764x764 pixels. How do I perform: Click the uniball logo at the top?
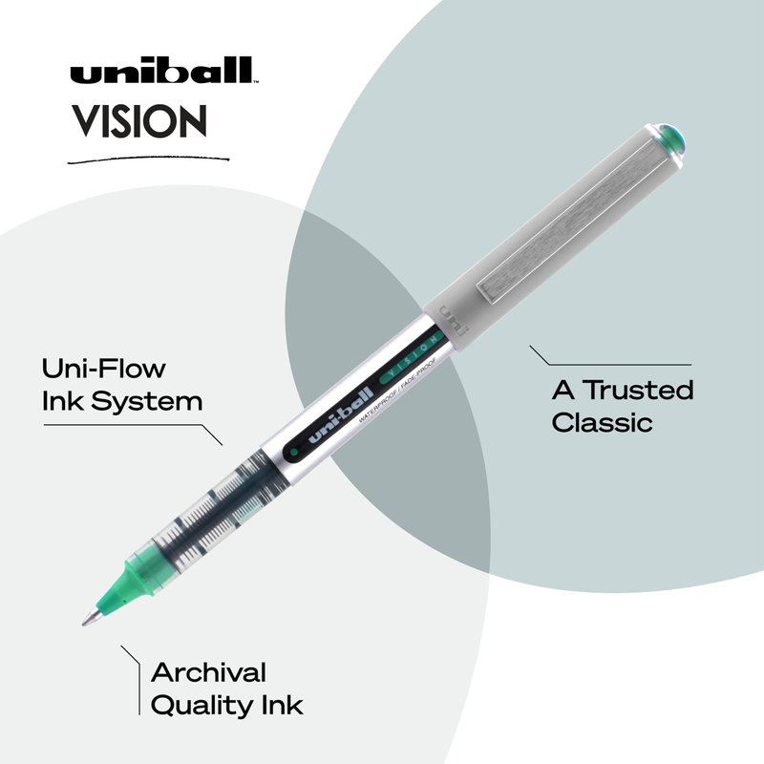pos(162,70)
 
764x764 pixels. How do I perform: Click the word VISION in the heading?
pos(139,121)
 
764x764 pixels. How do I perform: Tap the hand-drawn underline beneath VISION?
pos(148,159)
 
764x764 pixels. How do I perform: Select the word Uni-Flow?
pos(104,369)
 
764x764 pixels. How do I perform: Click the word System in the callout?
pos(147,402)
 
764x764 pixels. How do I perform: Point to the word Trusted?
pos(638,390)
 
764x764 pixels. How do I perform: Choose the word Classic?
pos(602,422)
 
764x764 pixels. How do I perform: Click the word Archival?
pos(208,673)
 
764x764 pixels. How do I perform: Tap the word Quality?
pos(202,706)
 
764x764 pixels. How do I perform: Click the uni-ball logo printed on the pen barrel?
pos(341,416)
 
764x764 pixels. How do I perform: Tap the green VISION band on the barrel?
pos(412,356)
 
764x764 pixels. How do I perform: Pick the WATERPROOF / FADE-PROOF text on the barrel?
pos(397,391)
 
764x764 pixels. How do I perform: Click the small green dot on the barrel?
pos(294,452)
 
